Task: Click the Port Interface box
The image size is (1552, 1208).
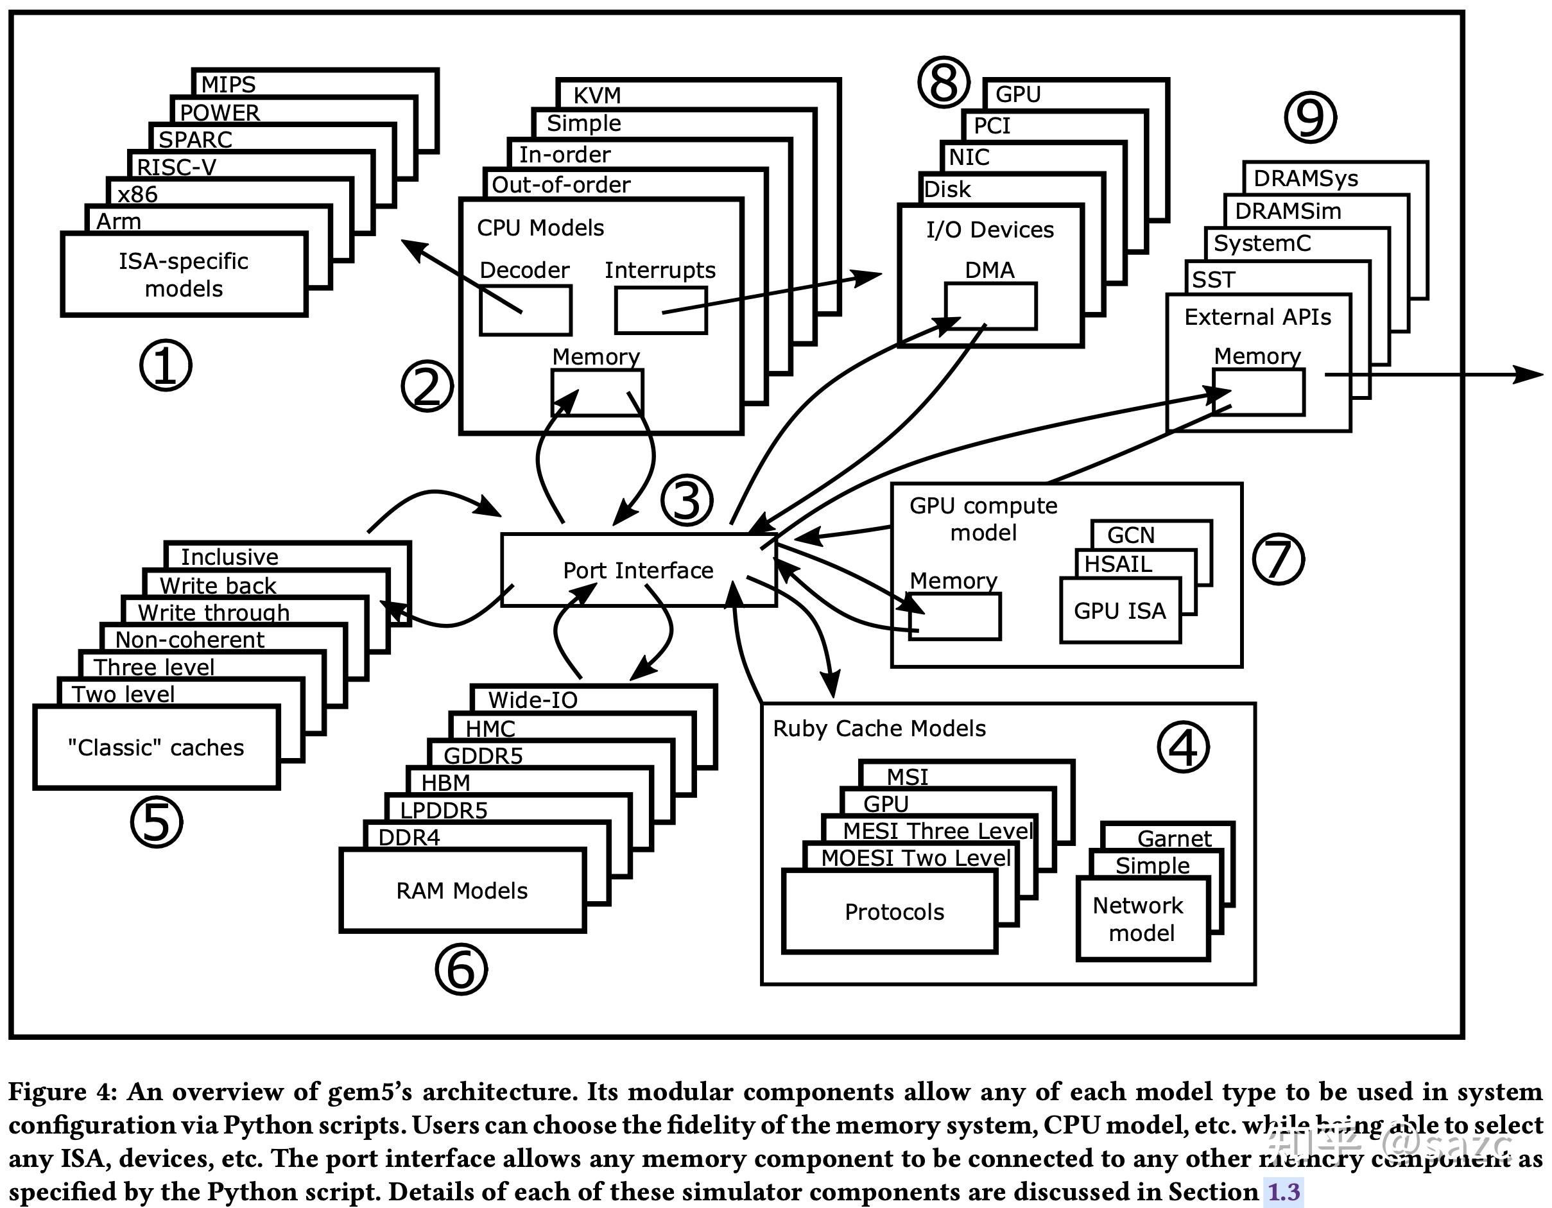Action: pyautogui.click(x=638, y=571)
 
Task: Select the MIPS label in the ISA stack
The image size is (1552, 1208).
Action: pyautogui.click(x=228, y=85)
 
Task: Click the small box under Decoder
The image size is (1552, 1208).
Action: pyautogui.click(x=525, y=311)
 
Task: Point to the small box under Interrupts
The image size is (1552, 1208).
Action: pyautogui.click(x=661, y=311)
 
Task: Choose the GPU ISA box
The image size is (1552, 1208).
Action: pyautogui.click(x=1120, y=611)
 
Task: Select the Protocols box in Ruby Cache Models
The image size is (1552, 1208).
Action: pyautogui.click(x=890, y=912)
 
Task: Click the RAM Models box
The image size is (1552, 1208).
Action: pyautogui.click(x=462, y=891)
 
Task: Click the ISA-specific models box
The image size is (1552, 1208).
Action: pyautogui.click(x=184, y=275)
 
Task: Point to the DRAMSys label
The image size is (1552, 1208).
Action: pyautogui.click(x=1306, y=178)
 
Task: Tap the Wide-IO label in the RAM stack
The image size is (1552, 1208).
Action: pyautogui.click(x=533, y=700)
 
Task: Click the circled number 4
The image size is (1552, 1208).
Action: pyautogui.click(x=1183, y=747)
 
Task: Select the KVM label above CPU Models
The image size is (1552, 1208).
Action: pyautogui.click(x=597, y=95)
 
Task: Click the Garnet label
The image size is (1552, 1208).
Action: pyautogui.click(x=1174, y=838)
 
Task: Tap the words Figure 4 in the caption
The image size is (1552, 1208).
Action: pyautogui.click(x=62, y=1091)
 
